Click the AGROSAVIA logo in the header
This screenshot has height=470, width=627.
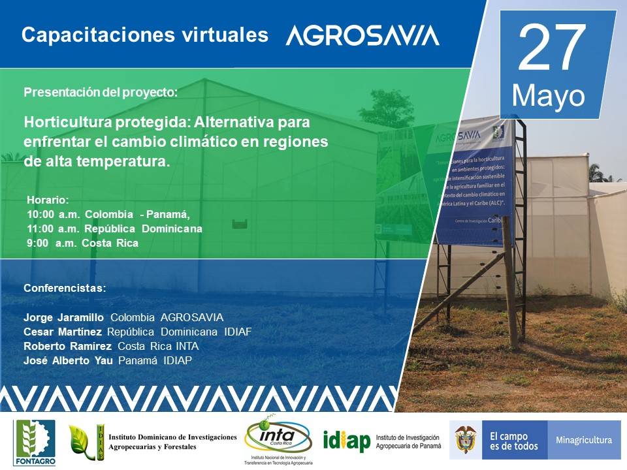(362, 36)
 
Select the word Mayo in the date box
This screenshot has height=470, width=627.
(548, 96)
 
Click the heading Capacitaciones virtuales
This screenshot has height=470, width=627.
(144, 35)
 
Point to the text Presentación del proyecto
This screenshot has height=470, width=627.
(101, 92)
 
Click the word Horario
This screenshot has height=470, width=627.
(47, 199)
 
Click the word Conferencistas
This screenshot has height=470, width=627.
(65, 288)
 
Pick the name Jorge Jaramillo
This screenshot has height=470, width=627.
(63, 317)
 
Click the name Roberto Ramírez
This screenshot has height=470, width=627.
(67, 346)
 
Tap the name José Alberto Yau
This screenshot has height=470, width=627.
(68, 360)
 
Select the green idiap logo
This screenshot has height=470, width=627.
(346, 441)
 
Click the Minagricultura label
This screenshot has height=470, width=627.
(583, 440)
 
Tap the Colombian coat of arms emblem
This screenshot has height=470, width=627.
(465, 439)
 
